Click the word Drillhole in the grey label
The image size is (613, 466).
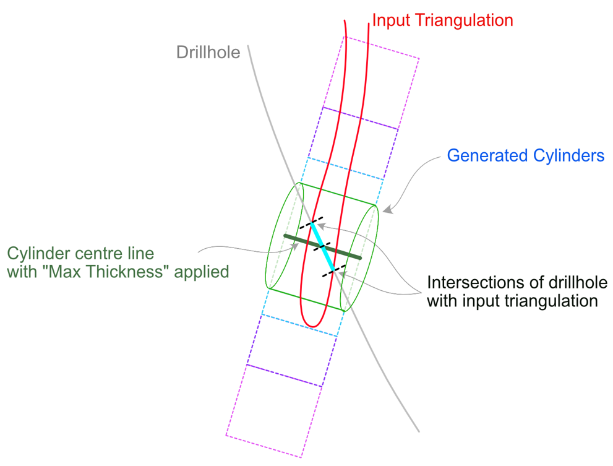[x=208, y=52]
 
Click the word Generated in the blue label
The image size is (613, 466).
[x=486, y=155]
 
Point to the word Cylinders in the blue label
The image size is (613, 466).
[x=568, y=155]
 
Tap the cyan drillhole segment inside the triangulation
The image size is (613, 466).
[x=323, y=246]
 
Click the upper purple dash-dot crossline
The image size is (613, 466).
[x=359, y=118]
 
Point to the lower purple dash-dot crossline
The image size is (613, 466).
[x=284, y=376]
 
